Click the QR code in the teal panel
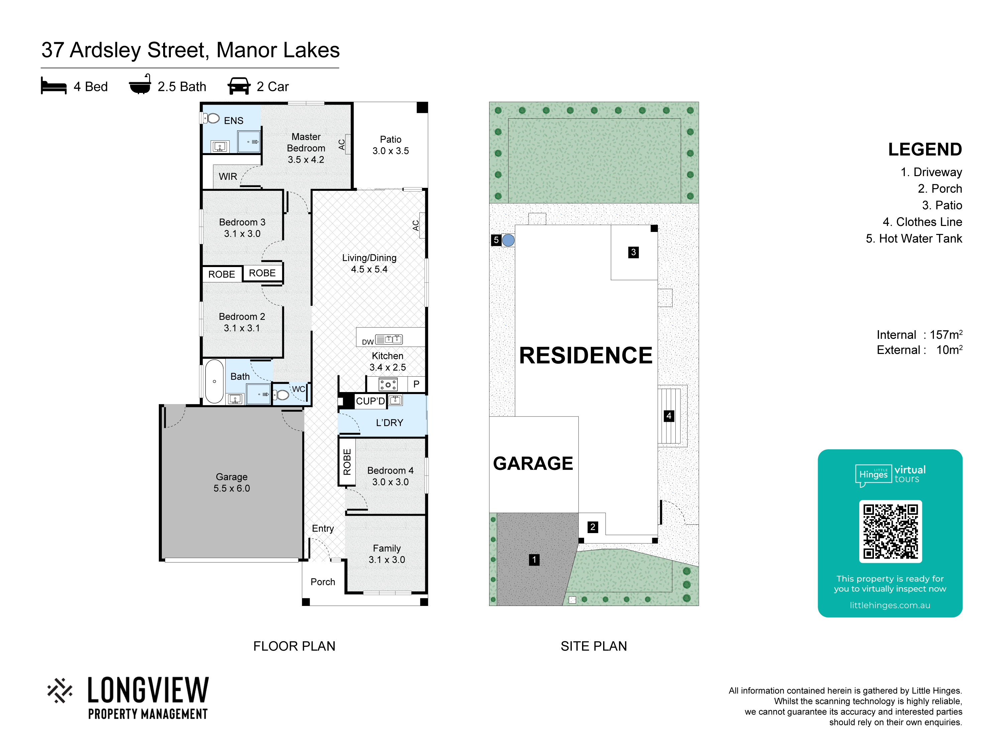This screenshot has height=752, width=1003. (890, 531)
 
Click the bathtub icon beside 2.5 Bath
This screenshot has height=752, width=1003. (140, 84)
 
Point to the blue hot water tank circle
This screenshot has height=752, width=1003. (508, 240)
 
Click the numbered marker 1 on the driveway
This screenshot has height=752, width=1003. (534, 560)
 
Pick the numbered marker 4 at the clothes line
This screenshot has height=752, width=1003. (669, 416)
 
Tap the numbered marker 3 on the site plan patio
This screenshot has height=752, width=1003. (634, 252)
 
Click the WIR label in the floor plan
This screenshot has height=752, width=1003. (228, 176)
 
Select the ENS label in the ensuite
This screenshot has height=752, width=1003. (233, 121)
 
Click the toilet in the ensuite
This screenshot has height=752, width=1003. (211, 118)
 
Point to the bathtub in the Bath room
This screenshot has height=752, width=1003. (215, 381)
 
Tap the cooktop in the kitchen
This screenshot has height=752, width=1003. (388, 385)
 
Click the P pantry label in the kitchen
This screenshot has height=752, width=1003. (416, 384)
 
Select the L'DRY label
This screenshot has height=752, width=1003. (389, 422)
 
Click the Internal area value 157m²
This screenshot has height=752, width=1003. (946, 335)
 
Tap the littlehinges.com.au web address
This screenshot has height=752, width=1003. (890, 605)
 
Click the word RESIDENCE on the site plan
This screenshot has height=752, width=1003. (585, 355)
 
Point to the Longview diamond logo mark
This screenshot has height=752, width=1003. (60, 691)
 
